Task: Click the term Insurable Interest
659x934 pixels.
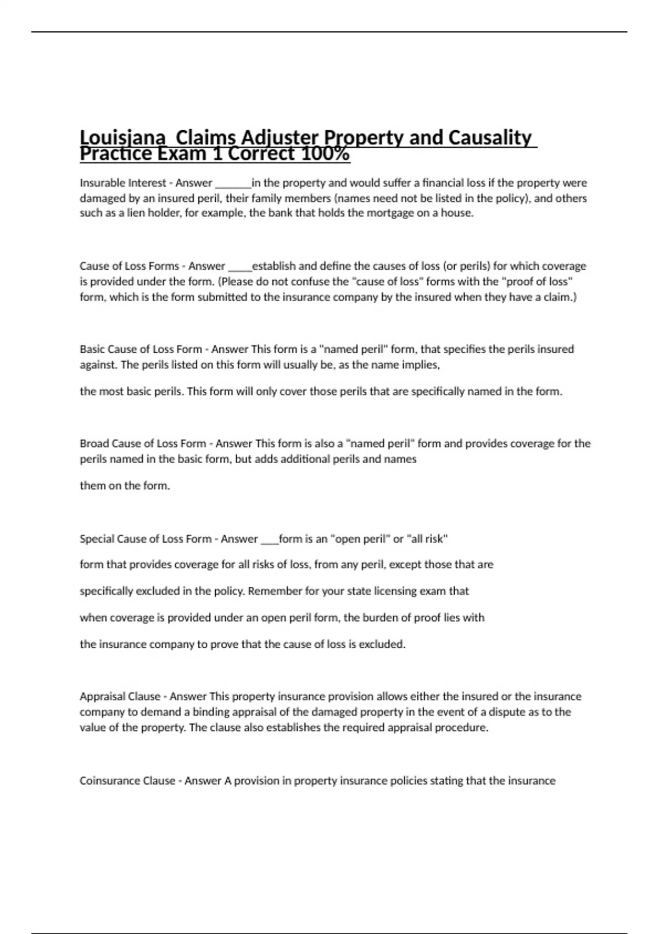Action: [122, 183]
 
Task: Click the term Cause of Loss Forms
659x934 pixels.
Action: [129, 266]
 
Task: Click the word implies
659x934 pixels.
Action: [422, 365]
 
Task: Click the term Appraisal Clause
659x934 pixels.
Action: [120, 697]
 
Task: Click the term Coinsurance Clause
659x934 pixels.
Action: [127, 781]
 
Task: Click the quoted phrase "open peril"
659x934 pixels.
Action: [359, 539]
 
